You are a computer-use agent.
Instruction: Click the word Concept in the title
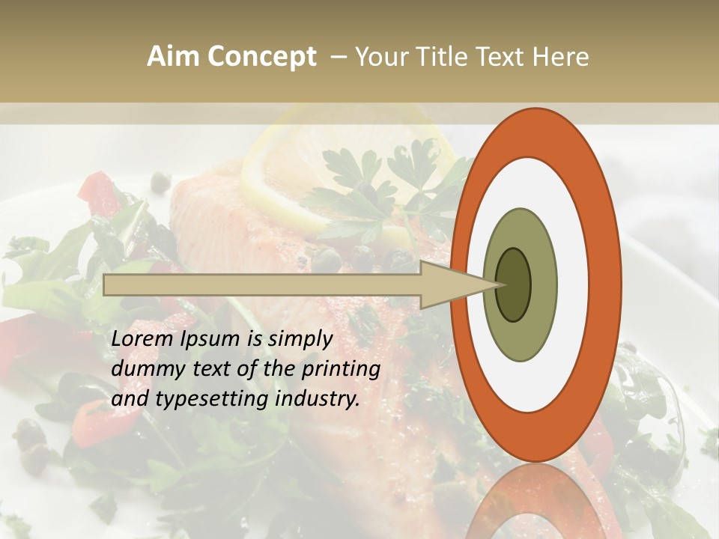click(262, 58)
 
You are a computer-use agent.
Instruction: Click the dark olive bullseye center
click(513, 284)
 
